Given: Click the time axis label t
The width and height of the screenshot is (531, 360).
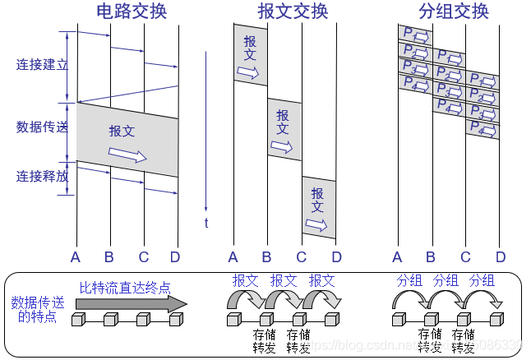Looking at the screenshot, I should tap(205, 224).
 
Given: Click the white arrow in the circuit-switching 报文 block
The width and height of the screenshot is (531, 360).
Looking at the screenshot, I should tap(127, 155).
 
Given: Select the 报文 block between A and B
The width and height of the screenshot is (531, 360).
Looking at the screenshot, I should tap(250, 56).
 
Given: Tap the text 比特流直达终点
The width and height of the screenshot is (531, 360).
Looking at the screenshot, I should tap(126, 288).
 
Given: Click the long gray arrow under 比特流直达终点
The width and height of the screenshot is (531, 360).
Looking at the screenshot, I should tap(132, 304).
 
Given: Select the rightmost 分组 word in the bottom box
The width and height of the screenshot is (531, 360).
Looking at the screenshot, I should tap(482, 281).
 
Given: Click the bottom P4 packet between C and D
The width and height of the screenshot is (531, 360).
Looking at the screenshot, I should tap(483, 129).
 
